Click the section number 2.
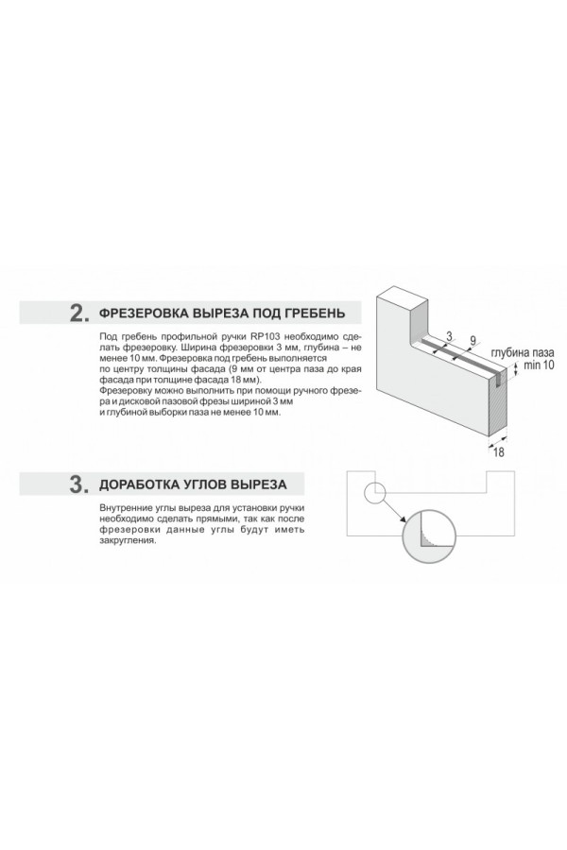coord(78,314)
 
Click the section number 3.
coord(78,484)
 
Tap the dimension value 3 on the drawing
coord(449,336)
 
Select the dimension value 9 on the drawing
coord(472,341)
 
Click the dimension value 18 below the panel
coord(498,452)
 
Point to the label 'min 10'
coord(539,365)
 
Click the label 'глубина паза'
coord(523,353)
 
